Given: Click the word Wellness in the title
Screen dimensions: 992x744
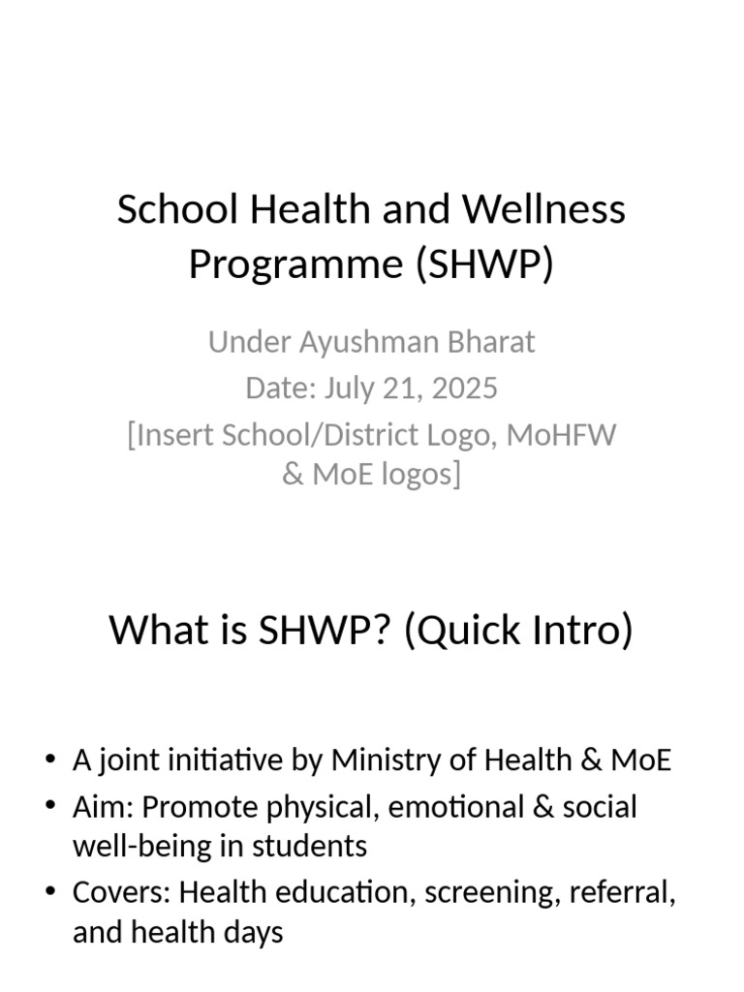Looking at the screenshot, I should point(544,209).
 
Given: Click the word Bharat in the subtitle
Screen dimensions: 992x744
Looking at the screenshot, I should point(489,342).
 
